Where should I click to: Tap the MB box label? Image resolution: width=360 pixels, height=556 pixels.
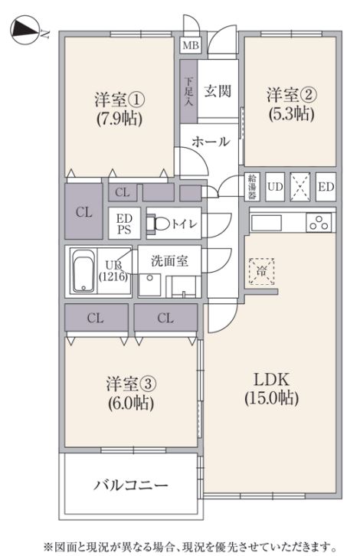click(191, 45)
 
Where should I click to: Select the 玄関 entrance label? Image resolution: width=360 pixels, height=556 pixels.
click(218, 91)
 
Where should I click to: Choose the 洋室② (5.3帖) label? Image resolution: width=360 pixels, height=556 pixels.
click(290, 104)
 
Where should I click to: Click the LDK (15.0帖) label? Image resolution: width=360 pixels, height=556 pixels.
click(271, 388)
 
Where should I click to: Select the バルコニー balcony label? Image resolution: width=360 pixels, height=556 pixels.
click(131, 485)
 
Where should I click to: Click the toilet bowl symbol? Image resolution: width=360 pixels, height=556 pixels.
click(162, 224)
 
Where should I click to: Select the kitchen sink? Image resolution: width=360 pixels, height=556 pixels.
click(267, 222)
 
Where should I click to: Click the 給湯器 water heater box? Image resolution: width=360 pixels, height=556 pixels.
click(252, 185)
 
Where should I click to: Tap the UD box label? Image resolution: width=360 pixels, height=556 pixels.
click(275, 186)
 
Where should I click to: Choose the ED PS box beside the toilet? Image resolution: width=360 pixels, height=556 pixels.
click(124, 223)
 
